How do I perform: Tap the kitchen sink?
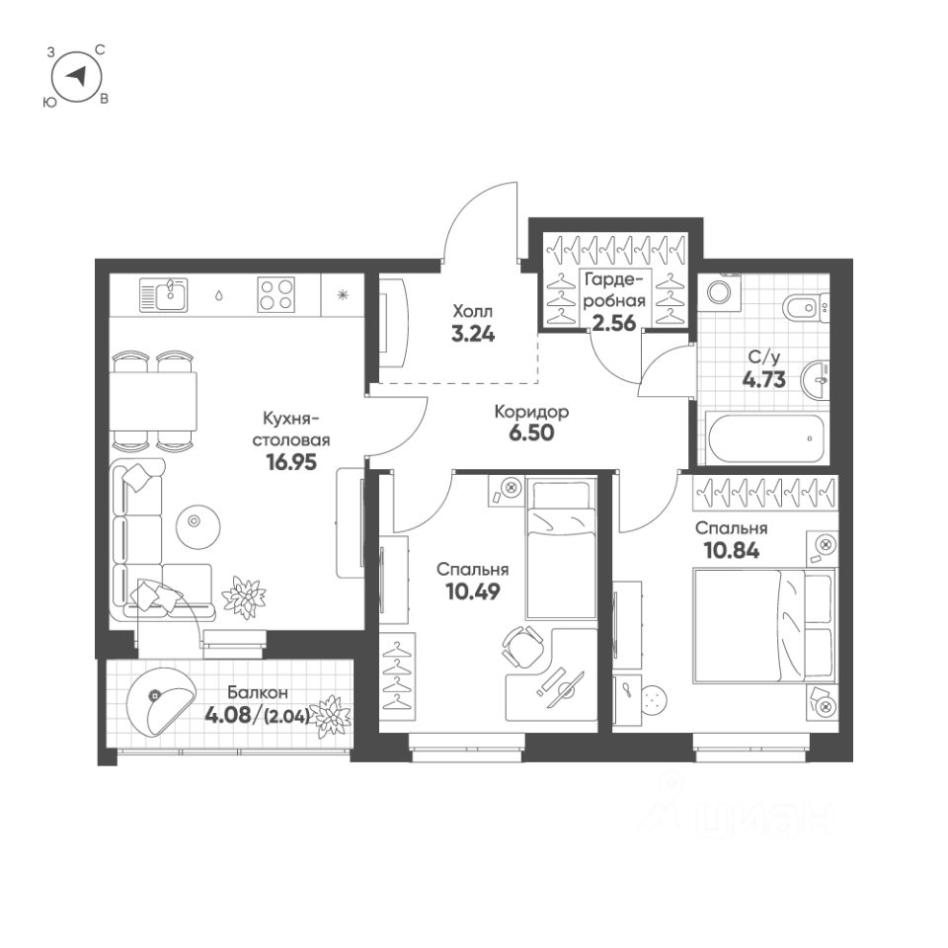click(x=164, y=293)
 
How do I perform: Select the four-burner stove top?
click(x=277, y=294)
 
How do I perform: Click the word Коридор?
click(x=531, y=412)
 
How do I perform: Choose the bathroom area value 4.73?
click(x=764, y=379)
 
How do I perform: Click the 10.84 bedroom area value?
click(x=732, y=550)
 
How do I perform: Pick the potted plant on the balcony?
click(x=331, y=714)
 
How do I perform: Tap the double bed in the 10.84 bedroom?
click(x=760, y=624)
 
